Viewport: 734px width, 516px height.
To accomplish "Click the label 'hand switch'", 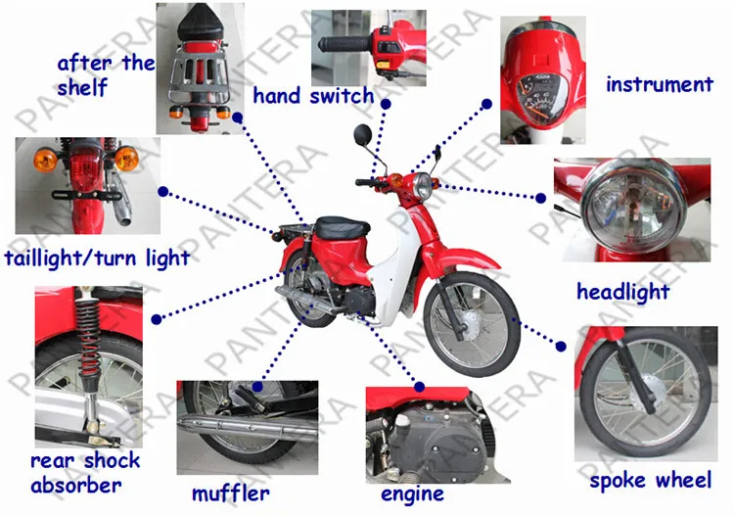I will pos(313,95).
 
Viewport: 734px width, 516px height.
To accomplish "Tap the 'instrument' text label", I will pos(659,84).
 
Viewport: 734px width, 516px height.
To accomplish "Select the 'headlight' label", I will pos(622,291).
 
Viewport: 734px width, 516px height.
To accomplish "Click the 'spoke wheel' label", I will pos(650,481).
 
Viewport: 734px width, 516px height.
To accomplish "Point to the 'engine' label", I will pos(412,493).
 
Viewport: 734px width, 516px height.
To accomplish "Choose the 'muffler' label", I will pos(230,493).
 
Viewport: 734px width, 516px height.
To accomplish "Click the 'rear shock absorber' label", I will pos(84,472).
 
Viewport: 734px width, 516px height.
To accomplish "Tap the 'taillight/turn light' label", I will pos(97,258).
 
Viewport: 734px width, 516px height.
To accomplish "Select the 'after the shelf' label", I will pos(106,74).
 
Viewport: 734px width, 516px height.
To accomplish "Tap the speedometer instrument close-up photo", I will pos(542,78).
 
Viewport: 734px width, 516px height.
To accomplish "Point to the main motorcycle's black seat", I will pos(341,226).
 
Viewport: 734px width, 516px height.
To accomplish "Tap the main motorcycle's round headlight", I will pos(423,185).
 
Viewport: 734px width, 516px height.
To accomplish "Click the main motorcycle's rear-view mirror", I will pos(363,133).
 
